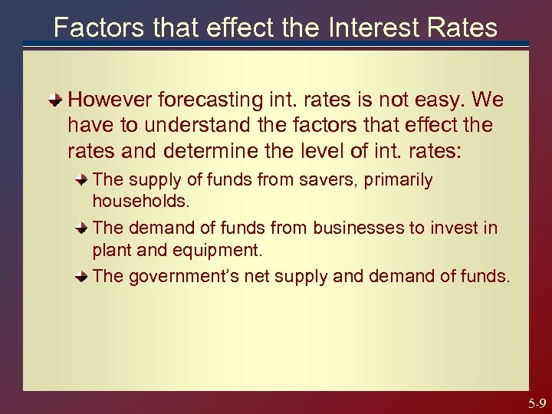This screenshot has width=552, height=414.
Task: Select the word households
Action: pos(141,201)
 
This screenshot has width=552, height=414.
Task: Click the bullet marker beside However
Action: pos(56,100)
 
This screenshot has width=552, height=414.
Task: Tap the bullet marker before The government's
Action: pos(81,276)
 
